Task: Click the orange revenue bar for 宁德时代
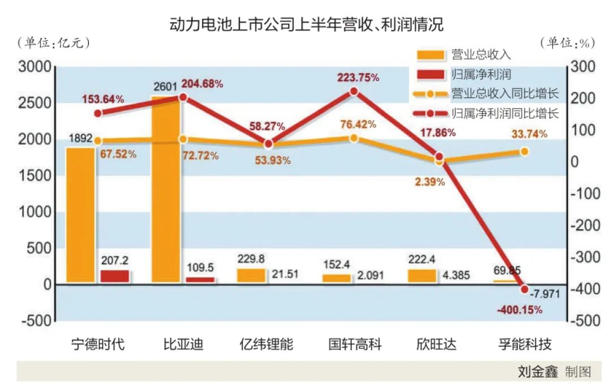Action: click(x=80, y=215)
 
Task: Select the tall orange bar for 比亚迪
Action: click(x=166, y=192)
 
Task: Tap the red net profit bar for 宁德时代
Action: click(x=115, y=276)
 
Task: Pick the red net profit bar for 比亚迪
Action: click(x=200, y=280)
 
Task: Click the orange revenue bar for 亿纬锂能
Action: click(x=251, y=276)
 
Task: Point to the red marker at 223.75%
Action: click(x=354, y=91)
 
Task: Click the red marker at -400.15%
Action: click(x=524, y=289)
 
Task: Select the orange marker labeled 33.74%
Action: click(x=524, y=151)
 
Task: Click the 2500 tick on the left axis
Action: click(x=34, y=103)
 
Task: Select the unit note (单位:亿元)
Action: click(x=54, y=42)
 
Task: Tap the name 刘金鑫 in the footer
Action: click(x=537, y=372)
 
